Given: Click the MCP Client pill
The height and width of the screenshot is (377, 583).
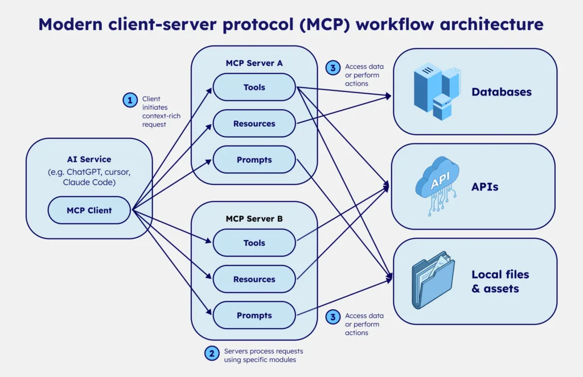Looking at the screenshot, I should (89, 210).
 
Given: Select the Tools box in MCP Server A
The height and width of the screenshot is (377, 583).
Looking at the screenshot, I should (254, 88).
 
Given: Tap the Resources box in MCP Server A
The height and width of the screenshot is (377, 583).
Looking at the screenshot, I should (254, 124).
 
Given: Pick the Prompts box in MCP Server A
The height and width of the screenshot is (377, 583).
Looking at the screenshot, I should (254, 160).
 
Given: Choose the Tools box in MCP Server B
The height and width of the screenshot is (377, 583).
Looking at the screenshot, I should (254, 243).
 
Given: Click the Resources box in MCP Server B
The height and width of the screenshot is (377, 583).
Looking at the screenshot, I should (254, 280).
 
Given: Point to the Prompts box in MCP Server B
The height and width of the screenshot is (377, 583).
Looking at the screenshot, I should (254, 316).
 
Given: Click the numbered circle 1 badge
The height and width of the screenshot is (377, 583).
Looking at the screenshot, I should (130, 101).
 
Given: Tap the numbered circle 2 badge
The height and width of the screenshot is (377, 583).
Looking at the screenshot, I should (212, 353).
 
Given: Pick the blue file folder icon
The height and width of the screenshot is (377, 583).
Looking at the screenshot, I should (433, 281).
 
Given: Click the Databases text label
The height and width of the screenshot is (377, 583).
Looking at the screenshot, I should (502, 92).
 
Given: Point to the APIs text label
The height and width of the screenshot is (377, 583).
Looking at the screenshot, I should (485, 187).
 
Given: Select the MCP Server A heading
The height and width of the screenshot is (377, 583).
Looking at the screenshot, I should (254, 63).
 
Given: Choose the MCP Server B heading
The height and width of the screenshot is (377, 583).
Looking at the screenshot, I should (254, 218).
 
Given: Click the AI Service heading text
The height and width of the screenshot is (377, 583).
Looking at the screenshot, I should (89, 160).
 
